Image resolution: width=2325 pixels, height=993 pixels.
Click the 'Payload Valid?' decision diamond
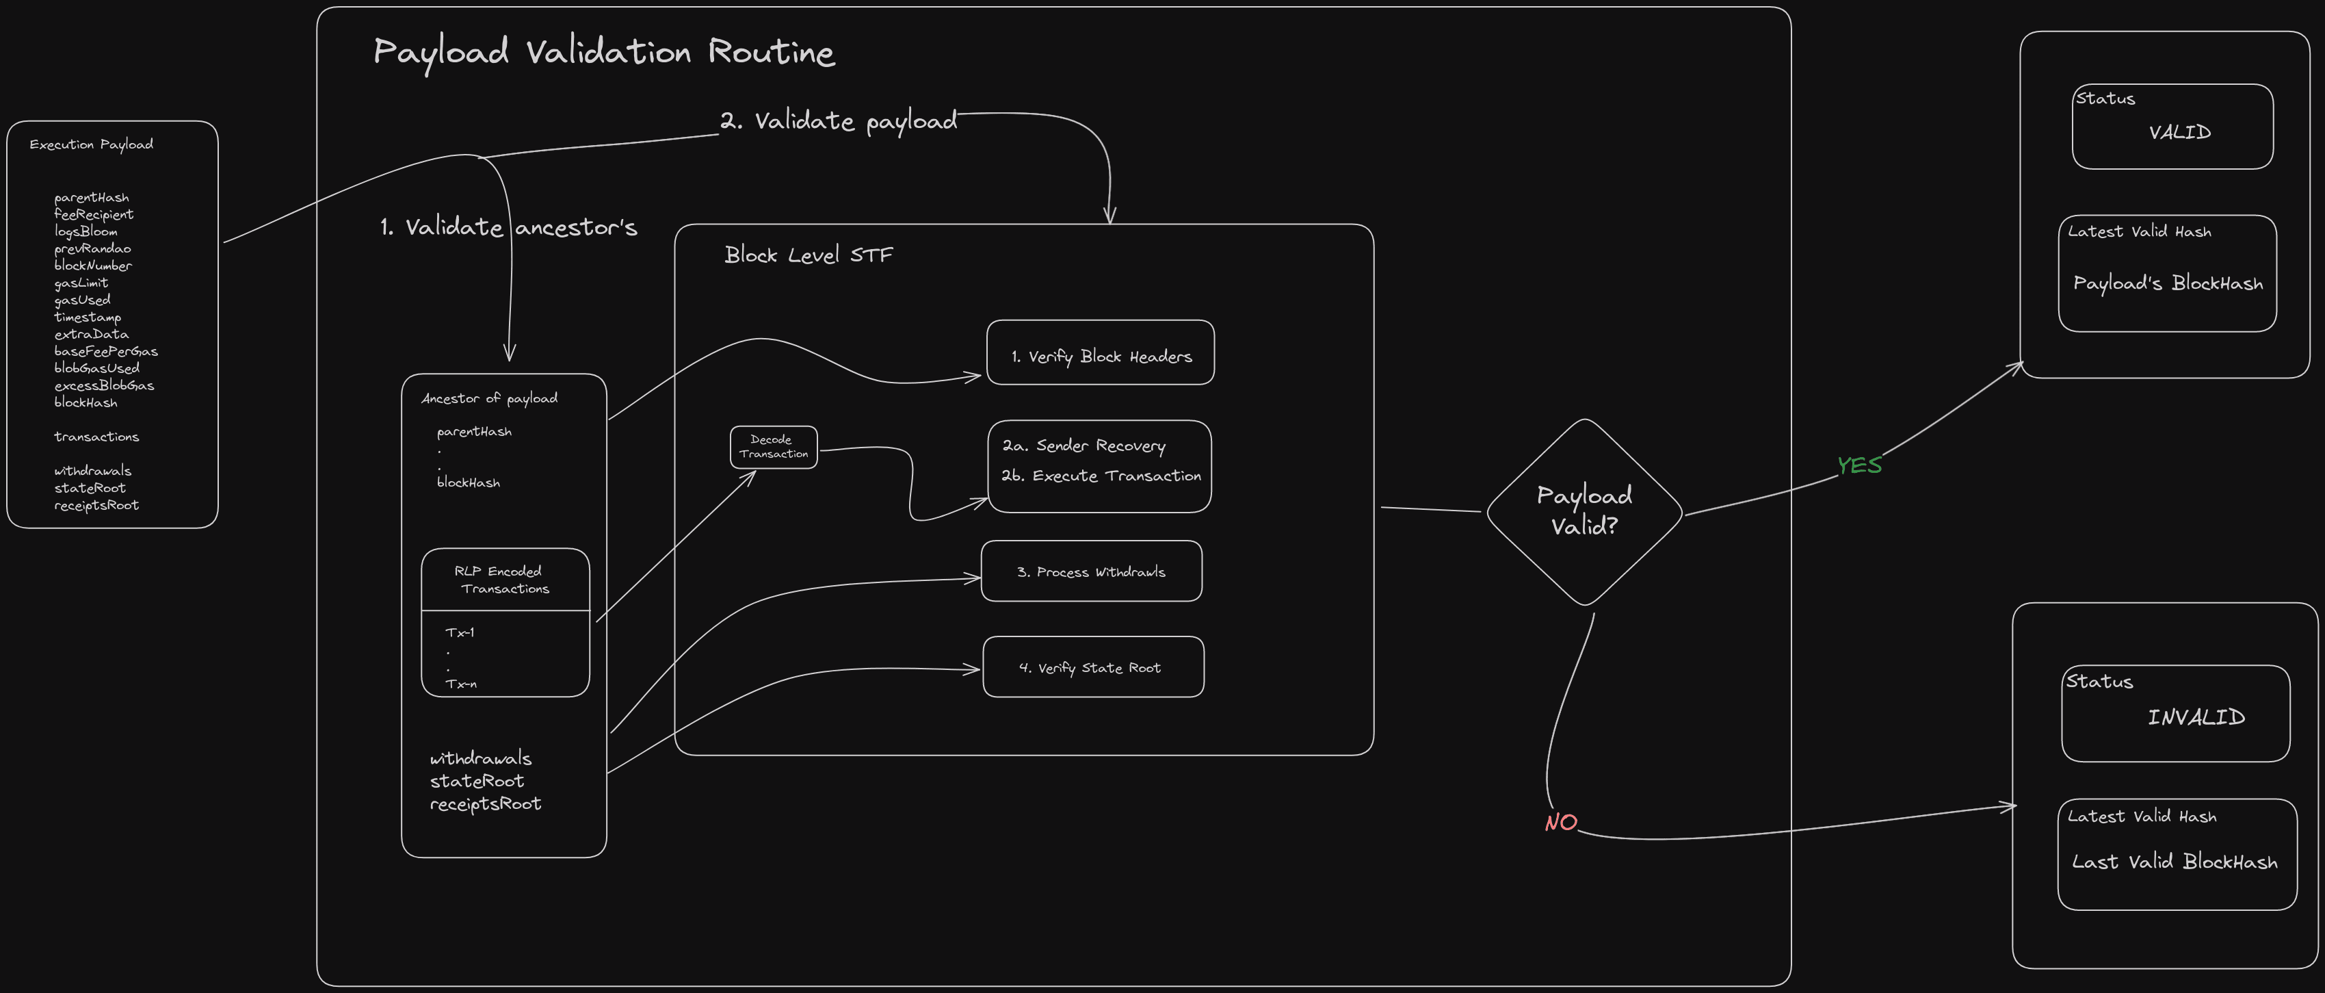1584,511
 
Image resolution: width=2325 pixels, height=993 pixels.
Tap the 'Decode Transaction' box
774,447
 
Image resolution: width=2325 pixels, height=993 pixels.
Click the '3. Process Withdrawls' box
1091,571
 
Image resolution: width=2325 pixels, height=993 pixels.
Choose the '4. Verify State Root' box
1092,667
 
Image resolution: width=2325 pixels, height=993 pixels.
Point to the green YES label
1859,465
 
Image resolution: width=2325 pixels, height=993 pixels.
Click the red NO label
1560,823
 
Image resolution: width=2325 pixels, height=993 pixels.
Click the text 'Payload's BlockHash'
2167,283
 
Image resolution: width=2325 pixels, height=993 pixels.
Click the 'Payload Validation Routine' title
604,53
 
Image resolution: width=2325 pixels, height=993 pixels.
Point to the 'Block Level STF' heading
808,255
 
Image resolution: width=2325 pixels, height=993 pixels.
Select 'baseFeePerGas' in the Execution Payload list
105,351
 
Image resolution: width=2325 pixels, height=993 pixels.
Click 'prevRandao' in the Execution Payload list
92,248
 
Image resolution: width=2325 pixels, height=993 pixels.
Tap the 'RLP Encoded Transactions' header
503,580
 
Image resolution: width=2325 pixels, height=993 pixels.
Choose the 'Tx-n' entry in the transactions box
460,684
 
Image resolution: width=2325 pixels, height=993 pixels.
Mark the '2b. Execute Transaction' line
1101,476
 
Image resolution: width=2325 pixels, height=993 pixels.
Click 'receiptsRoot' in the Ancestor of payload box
485,803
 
